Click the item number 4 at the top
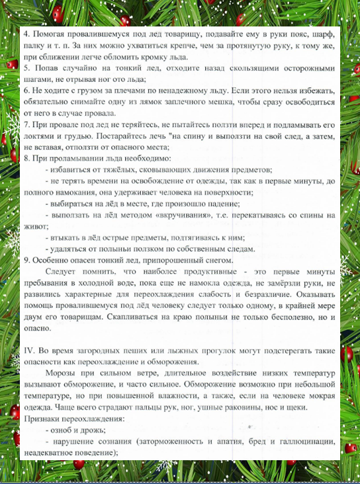tap(25, 34)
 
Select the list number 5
tap(25, 67)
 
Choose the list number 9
tap(25, 259)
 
